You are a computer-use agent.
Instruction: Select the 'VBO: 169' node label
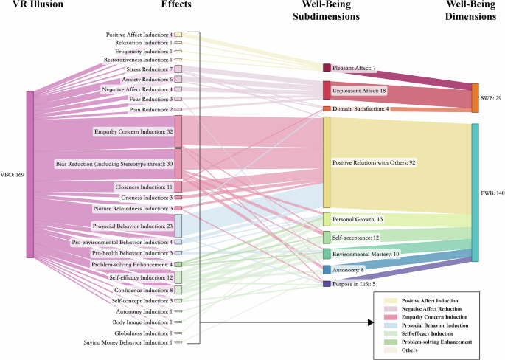(13, 175)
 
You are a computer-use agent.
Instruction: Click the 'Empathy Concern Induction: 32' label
(133, 131)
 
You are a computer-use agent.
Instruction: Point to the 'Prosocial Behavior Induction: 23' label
(133, 226)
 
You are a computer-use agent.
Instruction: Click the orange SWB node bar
(476, 98)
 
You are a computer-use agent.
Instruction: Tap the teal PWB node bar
(476, 193)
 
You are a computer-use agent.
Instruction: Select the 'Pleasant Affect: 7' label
(354, 68)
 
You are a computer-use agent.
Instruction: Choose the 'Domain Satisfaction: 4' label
(361, 109)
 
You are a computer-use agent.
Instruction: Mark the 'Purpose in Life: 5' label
(354, 283)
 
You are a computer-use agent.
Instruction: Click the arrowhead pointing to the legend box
(369, 322)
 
